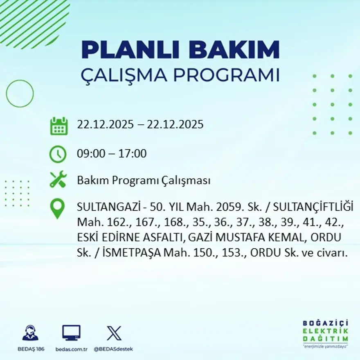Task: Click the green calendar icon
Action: (x=59, y=126)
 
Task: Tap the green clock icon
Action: (x=58, y=154)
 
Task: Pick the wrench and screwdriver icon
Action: (x=58, y=180)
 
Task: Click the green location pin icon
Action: (x=58, y=208)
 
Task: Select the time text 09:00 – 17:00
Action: (x=112, y=154)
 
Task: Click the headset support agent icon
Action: (x=30, y=333)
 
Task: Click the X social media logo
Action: (x=114, y=333)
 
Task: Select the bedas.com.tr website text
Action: (x=72, y=349)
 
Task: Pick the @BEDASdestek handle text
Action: (x=113, y=349)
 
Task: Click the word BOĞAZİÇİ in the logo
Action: (x=323, y=323)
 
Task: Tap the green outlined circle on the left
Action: (x=20, y=94)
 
